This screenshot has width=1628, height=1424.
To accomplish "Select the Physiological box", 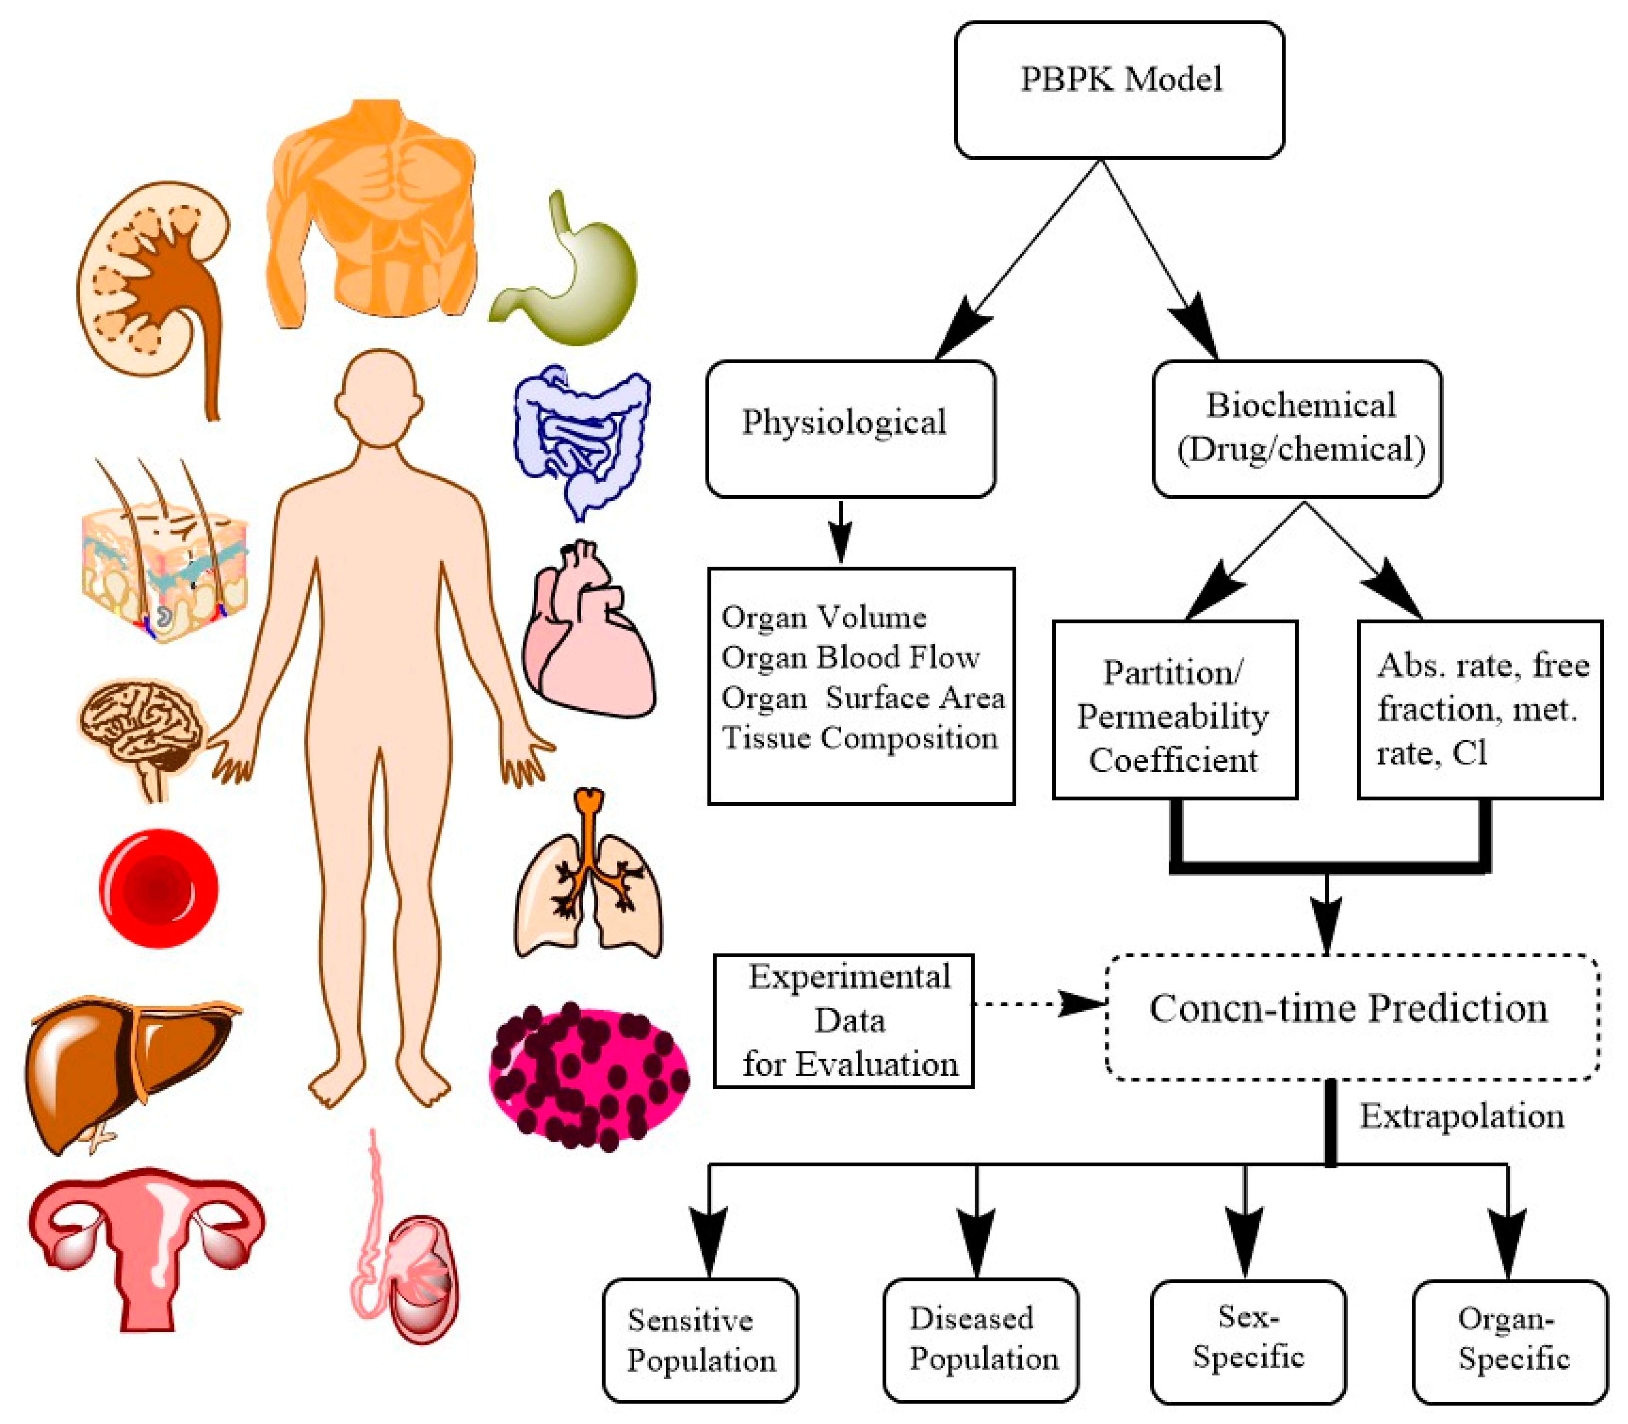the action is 850,429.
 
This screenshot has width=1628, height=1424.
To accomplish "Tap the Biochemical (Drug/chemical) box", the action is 1297,429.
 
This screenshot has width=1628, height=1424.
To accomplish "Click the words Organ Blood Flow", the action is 850,657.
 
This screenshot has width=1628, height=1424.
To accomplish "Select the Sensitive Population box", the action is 700,1340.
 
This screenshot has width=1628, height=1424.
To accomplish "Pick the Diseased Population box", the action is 980,1340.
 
